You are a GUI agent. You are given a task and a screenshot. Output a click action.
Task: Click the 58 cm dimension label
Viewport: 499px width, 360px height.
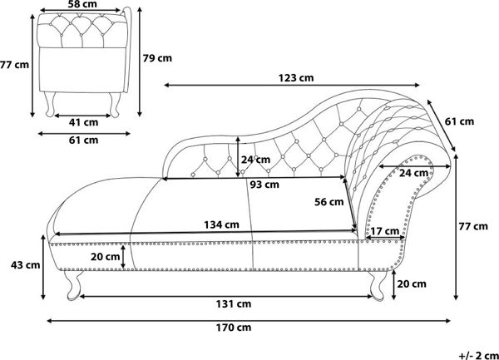click(x=82, y=4)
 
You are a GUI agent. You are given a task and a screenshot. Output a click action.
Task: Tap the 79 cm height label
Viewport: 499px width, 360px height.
click(x=157, y=58)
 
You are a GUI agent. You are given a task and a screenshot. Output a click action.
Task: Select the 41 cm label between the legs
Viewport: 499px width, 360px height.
click(x=83, y=122)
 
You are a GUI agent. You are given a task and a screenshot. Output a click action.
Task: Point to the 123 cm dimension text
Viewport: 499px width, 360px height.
click(x=296, y=78)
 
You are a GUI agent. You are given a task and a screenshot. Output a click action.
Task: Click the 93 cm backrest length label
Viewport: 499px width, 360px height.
click(x=264, y=185)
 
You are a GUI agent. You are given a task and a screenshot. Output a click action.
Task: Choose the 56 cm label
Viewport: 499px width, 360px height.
click(x=329, y=202)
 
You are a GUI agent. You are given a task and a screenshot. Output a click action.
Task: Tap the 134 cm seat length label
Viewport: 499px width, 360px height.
click(x=221, y=224)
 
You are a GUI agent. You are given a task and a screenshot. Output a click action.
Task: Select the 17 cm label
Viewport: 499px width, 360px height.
click(x=385, y=231)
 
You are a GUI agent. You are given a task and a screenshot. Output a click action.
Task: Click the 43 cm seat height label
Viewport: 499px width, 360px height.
click(x=26, y=264)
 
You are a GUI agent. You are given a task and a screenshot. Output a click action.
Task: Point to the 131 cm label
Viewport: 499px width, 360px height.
click(x=234, y=304)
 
